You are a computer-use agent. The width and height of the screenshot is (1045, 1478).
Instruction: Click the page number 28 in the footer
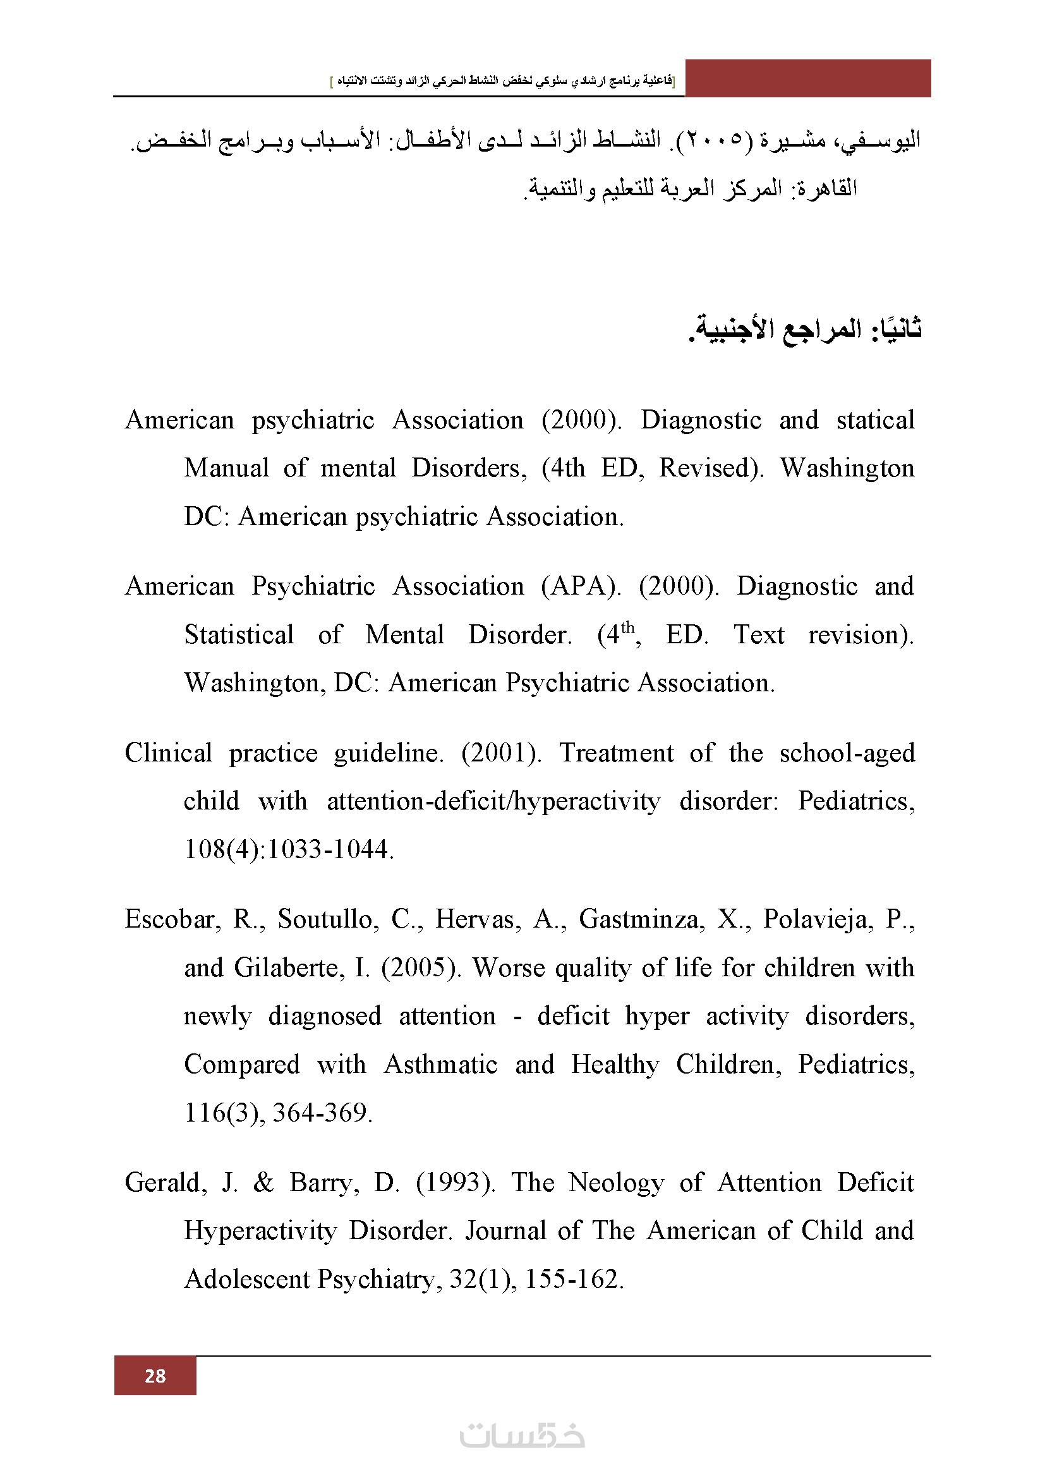pyautogui.click(x=155, y=1376)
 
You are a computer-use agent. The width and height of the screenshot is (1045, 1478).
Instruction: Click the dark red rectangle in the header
pyautogui.click(x=807, y=78)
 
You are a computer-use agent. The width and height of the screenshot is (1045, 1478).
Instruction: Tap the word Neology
pyautogui.click(x=616, y=1182)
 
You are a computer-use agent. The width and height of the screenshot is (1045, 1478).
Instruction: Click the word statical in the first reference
pyautogui.click(x=875, y=420)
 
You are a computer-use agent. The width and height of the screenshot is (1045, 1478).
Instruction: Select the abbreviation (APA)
pyautogui.click(x=581, y=586)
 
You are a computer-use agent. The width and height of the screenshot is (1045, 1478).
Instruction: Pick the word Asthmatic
pyautogui.click(x=441, y=1064)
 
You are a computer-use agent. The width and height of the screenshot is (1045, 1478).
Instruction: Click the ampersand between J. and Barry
pyautogui.click(x=263, y=1182)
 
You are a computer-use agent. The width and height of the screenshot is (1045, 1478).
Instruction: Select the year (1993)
pyautogui.click(x=456, y=1182)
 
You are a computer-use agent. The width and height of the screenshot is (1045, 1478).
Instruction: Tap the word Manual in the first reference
pyautogui.click(x=227, y=468)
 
